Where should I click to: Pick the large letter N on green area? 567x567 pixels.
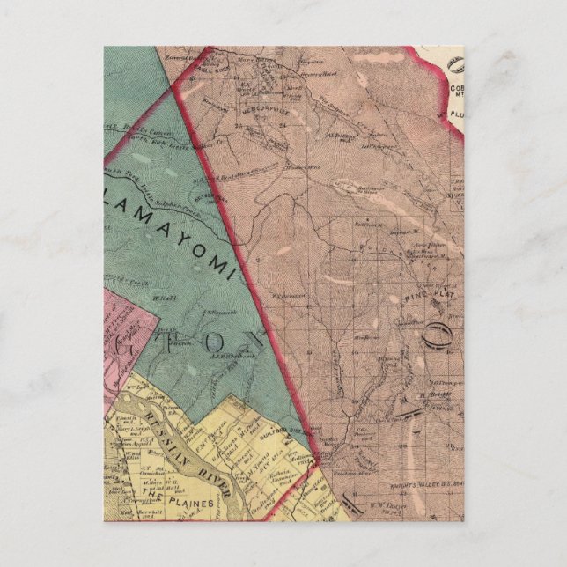[x=255, y=339]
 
